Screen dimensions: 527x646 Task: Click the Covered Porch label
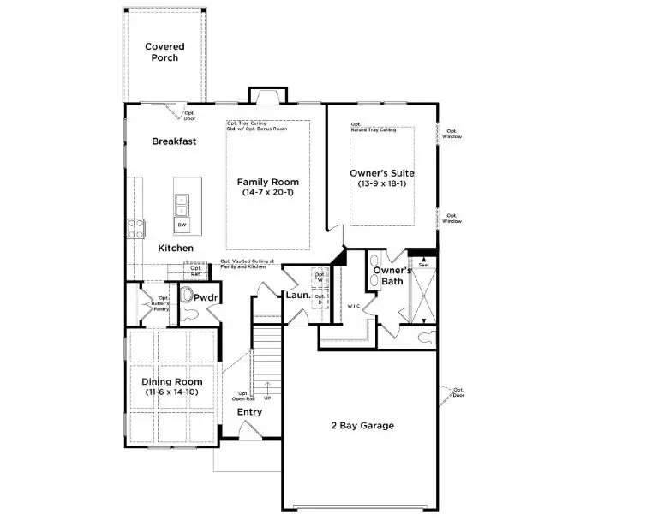coord(164,52)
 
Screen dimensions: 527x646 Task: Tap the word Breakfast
coord(175,141)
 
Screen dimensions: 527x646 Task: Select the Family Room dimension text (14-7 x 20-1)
coord(267,194)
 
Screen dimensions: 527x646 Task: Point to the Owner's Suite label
coord(382,173)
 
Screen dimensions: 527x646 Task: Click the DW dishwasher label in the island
coord(182,225)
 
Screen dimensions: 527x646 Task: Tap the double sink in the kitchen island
coord(182,205)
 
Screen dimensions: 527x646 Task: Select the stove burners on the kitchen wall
coord(135,228)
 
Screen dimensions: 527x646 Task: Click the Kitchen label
coord(176,249)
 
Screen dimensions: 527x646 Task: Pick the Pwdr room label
coord(206,297)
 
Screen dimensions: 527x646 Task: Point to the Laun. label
coord(297,296)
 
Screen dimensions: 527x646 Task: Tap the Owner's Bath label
coord(387,276)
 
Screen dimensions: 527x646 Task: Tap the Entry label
coord(249,412)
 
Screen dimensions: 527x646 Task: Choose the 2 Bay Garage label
coord(362,425)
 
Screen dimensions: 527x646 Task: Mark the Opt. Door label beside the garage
coord(458,393)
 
